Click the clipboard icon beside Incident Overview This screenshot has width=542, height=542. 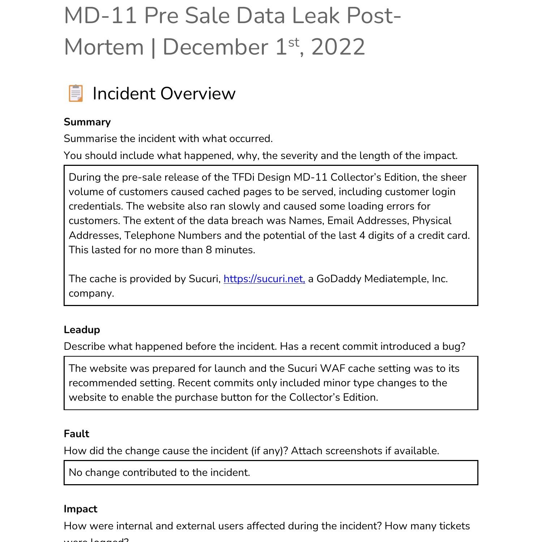point(76,93)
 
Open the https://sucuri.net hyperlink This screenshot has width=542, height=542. point(264,279)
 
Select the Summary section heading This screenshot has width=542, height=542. point(87,122)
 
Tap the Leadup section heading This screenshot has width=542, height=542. point(82,330)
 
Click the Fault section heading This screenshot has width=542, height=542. point(76,434)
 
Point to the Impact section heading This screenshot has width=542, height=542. point(80,509)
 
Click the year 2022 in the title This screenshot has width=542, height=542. point(338,47)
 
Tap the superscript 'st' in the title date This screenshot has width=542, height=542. point(294,42)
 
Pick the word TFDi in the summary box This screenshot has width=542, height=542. point(243,177)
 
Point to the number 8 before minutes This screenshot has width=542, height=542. point(208,250)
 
